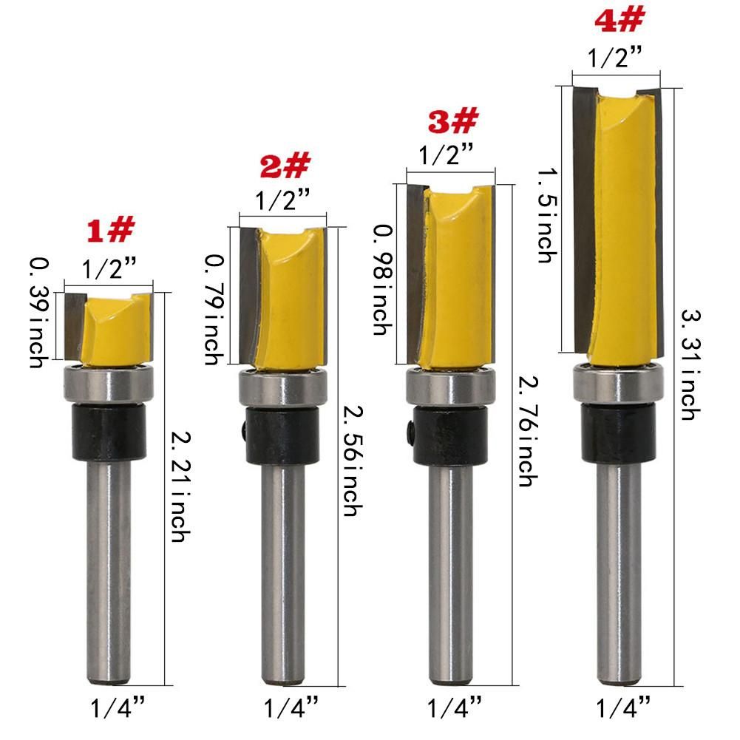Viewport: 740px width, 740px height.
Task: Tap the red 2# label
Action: point(285,166)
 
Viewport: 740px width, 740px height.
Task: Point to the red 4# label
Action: point(620,20)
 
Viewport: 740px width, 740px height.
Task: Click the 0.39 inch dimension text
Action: point(39,313)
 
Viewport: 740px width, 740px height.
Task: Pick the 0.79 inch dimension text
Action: point(214,310)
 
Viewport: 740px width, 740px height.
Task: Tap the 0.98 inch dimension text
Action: point(383,280)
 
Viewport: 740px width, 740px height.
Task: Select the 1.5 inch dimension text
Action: point(548,216)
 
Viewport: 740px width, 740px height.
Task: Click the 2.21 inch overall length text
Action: point(181,486)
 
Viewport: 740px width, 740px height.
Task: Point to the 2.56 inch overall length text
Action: point(353,461)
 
